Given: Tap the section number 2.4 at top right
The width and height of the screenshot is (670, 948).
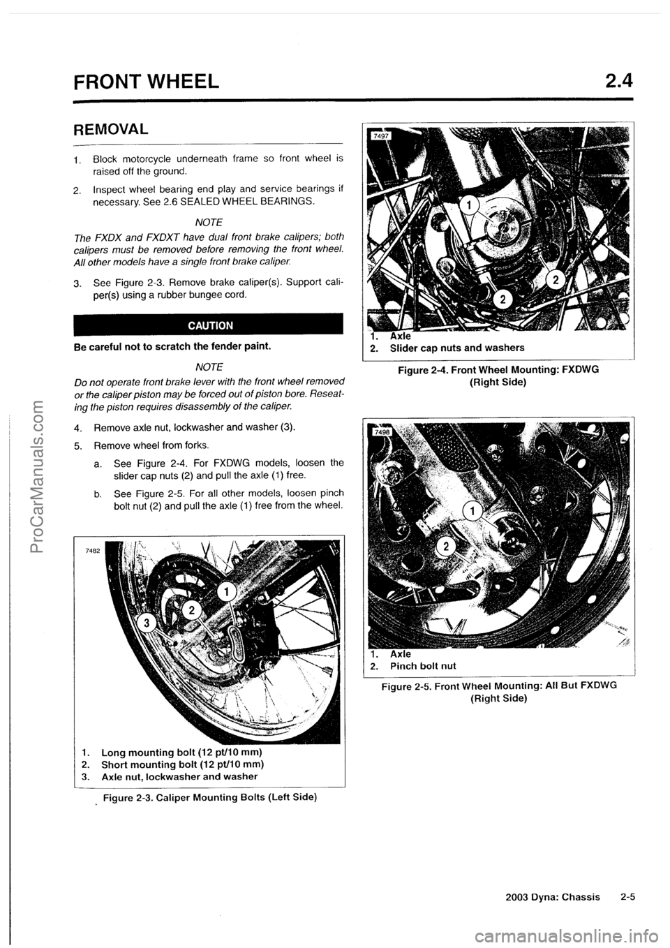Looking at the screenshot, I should tap(619, 83).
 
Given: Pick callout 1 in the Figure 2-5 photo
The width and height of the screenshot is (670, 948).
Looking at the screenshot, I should tap(472, 513).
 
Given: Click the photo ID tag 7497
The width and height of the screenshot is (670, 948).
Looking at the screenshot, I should tap(379, 135).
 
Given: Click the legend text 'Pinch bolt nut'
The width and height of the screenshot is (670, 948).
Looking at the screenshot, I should tap(423, 665).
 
